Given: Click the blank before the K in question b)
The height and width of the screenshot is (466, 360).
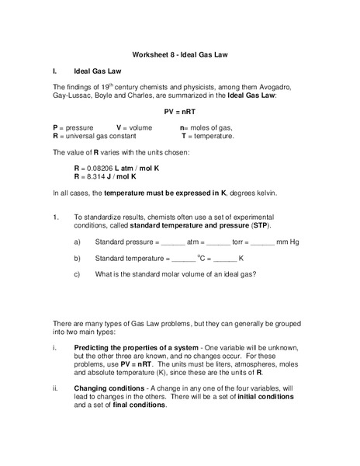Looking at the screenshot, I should tap(225, 258).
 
